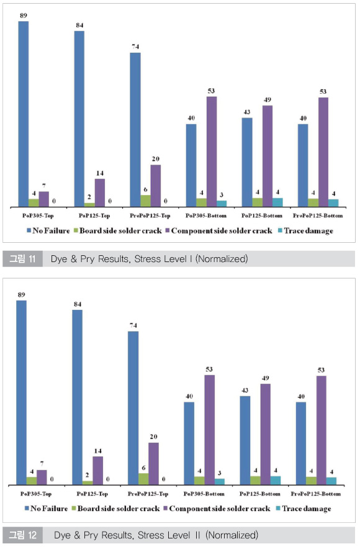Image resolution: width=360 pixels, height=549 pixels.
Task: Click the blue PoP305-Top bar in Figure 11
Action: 24,114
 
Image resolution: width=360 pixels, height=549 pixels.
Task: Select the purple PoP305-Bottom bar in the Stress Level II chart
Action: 210,430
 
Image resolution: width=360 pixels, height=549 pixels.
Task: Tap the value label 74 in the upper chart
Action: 135,47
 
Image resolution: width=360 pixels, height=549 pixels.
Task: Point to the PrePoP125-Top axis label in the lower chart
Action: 148,494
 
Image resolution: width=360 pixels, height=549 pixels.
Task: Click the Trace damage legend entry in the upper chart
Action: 305,231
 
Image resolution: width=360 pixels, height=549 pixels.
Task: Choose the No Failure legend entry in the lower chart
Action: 46,509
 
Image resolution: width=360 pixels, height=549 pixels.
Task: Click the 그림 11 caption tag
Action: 23,259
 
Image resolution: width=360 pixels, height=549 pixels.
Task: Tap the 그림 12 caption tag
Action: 23,535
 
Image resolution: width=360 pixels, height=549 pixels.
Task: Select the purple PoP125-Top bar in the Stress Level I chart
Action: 100,193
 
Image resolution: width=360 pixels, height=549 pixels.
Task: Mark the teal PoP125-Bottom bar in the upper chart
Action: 278,202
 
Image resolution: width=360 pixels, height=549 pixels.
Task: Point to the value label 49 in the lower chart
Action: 266,378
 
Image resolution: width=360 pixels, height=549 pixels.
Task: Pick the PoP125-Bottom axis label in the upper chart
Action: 262,216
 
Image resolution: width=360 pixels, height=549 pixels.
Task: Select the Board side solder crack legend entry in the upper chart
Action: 117,231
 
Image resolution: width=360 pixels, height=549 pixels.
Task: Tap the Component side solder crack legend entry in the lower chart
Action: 217,509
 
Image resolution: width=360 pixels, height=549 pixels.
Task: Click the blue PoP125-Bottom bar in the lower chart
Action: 245,440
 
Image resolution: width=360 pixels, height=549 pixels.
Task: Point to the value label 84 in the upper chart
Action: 80,25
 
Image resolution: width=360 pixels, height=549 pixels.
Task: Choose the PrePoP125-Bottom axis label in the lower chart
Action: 316,494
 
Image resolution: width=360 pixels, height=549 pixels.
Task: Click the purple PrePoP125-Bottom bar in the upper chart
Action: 323,152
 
